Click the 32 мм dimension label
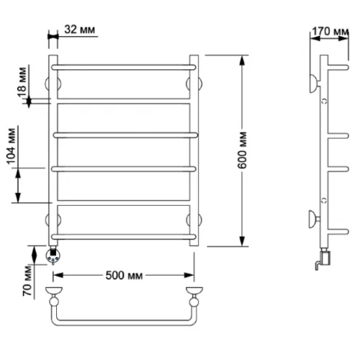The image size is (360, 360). pos(79,30)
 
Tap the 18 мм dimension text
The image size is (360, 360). pos(22,82)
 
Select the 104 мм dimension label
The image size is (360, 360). pos(12,146)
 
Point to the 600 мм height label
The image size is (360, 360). pos(242,150)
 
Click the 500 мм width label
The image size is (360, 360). pos(124,276)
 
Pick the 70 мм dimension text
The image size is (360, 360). pos(27,281)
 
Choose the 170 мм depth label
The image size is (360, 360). pos(330,32)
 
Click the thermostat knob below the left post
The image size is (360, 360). pos(53,255)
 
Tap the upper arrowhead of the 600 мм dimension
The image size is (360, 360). pos(242,60)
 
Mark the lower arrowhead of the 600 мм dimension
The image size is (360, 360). pos(242,241)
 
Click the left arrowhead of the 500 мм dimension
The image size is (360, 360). pos(58,275)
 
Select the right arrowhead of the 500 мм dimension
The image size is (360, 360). pos(189,275)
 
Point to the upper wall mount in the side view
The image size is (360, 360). pos(315,84)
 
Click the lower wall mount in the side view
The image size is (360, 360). pos(314,219)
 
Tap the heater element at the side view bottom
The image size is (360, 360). pos(324,259)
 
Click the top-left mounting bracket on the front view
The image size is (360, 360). pos(53,84)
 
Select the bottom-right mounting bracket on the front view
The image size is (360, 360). pos(194,220)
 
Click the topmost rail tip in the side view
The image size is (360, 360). pos(346,67)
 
